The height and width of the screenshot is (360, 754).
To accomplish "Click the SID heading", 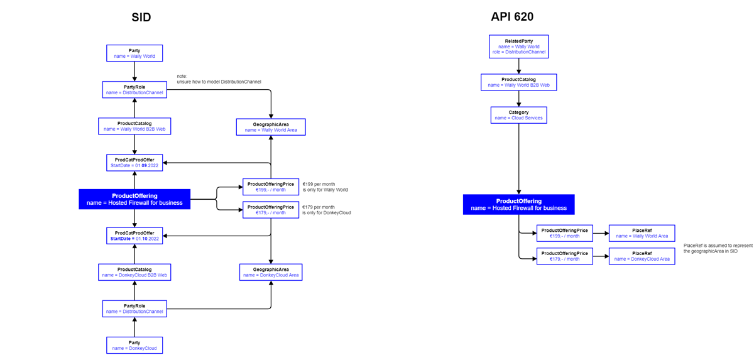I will click(141, 18).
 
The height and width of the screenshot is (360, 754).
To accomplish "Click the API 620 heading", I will click(512, 16).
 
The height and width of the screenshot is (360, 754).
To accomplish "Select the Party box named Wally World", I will click(134, 53).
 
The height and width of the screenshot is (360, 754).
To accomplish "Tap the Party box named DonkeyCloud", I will click(134, 345).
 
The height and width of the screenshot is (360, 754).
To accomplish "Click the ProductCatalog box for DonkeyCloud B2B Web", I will click(134, 272).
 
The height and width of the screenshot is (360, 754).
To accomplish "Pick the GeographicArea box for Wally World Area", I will click(271, 127).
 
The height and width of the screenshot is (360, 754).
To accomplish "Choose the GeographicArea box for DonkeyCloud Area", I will click(271, 271).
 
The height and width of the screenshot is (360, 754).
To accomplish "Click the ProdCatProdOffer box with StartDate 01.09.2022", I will click(134, 163).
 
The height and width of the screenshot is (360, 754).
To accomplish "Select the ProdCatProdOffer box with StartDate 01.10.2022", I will click(134, 236).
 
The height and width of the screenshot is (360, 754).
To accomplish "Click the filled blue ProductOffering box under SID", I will click(134, 199).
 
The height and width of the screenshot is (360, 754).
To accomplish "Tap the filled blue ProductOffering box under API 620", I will click(518, 204).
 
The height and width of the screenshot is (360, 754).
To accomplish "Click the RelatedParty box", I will click(518, 46).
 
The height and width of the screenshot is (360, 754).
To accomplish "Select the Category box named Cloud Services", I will click(518, 114).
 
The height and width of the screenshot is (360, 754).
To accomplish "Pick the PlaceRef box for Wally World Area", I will click(642, 233).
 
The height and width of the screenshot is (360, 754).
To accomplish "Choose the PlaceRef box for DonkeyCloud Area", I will click(642, 256).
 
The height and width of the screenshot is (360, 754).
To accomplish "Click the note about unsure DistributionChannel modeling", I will click(219, 79).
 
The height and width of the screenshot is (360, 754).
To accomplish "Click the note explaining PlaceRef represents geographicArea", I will click(718, 248).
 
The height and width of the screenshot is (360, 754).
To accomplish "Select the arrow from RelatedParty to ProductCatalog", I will click(518, 66).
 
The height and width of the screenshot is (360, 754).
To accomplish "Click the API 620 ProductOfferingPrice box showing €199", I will click(564, 233).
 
